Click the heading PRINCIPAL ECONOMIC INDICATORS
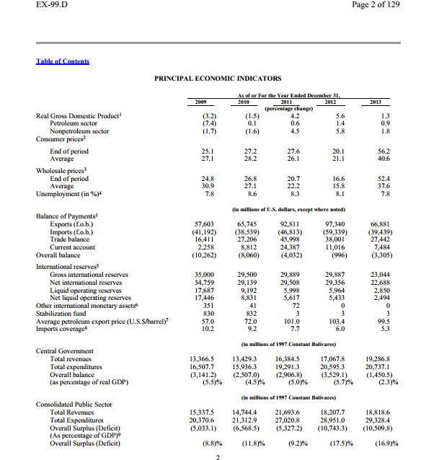pyautogui.click(x=218, y=78)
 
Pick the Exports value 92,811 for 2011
pyautogui.click(x=288, y=224)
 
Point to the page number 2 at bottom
pyautogui.click(x=217, y=456)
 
